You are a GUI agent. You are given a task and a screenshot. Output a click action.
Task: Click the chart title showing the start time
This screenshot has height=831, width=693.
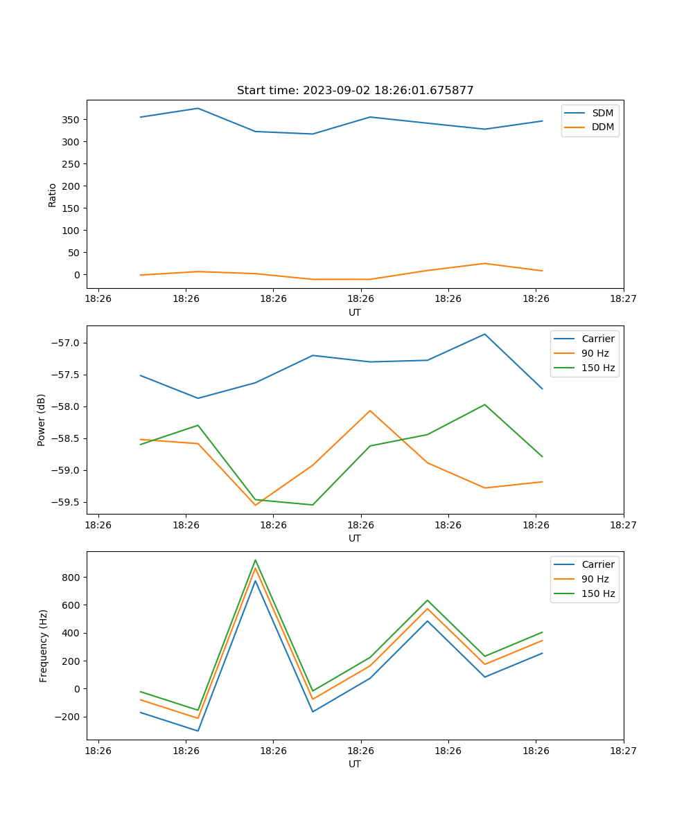coord(355,91)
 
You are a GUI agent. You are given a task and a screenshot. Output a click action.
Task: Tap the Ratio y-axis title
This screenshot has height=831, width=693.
coord(53,195)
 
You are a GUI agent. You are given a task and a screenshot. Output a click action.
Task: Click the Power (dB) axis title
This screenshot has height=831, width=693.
coord(42,420)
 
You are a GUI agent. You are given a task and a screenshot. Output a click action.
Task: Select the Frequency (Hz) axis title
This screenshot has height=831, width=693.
coord(44,645)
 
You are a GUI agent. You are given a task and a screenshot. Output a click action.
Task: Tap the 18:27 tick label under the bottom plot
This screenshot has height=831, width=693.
coord(624,751)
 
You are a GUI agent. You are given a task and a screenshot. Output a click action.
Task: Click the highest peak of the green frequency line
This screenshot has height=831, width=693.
coord(255,560)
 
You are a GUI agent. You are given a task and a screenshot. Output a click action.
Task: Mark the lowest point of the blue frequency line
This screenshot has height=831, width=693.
coord(198,731)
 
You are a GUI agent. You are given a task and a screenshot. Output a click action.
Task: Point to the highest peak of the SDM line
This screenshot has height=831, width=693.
coord(198,108)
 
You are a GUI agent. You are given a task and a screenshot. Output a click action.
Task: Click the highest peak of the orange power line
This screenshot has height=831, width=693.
coord(370,411)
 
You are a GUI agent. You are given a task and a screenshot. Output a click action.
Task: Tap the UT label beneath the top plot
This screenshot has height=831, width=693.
coord(355,312)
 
